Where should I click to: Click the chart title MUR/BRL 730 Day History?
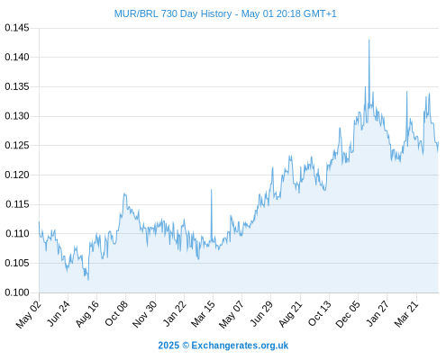(x=173, y=13)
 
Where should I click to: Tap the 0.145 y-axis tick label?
(x=17, y=28)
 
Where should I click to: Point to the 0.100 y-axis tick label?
(x=17, y=292)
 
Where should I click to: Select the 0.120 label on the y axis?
(x=17, y=175)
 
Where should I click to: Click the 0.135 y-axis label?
(x=17, y=87)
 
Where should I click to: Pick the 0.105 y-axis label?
(x=17, y=263)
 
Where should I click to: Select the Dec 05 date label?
(x=348, y=314)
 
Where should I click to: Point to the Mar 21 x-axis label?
(x=406, y=314)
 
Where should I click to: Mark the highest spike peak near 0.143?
(x=369, y=40)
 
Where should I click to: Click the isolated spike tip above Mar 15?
(x=212, y=190)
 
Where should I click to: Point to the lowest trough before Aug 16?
(x=88, y=280)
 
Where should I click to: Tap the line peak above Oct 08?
(x=124, y=193)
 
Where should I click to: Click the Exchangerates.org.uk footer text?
(x=240, y=346)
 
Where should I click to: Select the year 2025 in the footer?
(x=168, y=346)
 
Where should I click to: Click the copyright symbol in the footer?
(x=186, y=346)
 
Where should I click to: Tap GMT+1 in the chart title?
(x=320, y=13)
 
